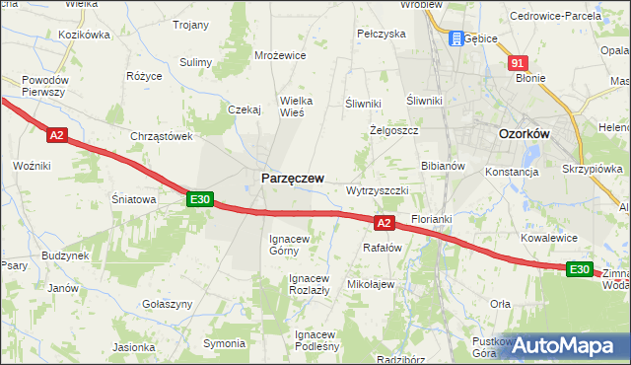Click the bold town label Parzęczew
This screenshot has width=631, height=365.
pos(292,178)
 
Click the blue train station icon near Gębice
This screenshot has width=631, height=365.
pos(456,38)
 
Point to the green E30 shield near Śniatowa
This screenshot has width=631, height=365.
pos(200,199)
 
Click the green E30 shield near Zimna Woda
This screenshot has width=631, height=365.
pos(580,269)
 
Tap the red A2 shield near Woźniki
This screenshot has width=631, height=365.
pos(56,135)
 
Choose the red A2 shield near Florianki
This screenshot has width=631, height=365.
pos(385,224)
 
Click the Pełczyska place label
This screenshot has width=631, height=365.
pos(382,34)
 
